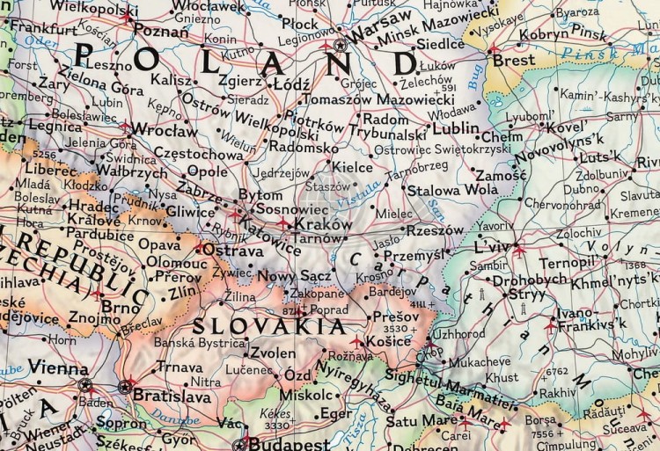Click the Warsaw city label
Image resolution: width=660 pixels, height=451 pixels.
pyautogui.click(x=380, y=18)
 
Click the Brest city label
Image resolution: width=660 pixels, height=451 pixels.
pyautogui.click(x=513, y=61)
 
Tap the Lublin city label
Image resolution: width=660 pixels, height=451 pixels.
pyautogui.click(x=455, y=128)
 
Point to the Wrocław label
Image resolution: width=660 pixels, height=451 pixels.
pyautogui.click(x=167, y=130)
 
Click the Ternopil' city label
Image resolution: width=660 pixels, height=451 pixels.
pyautogui.click(x=568, y=263)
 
